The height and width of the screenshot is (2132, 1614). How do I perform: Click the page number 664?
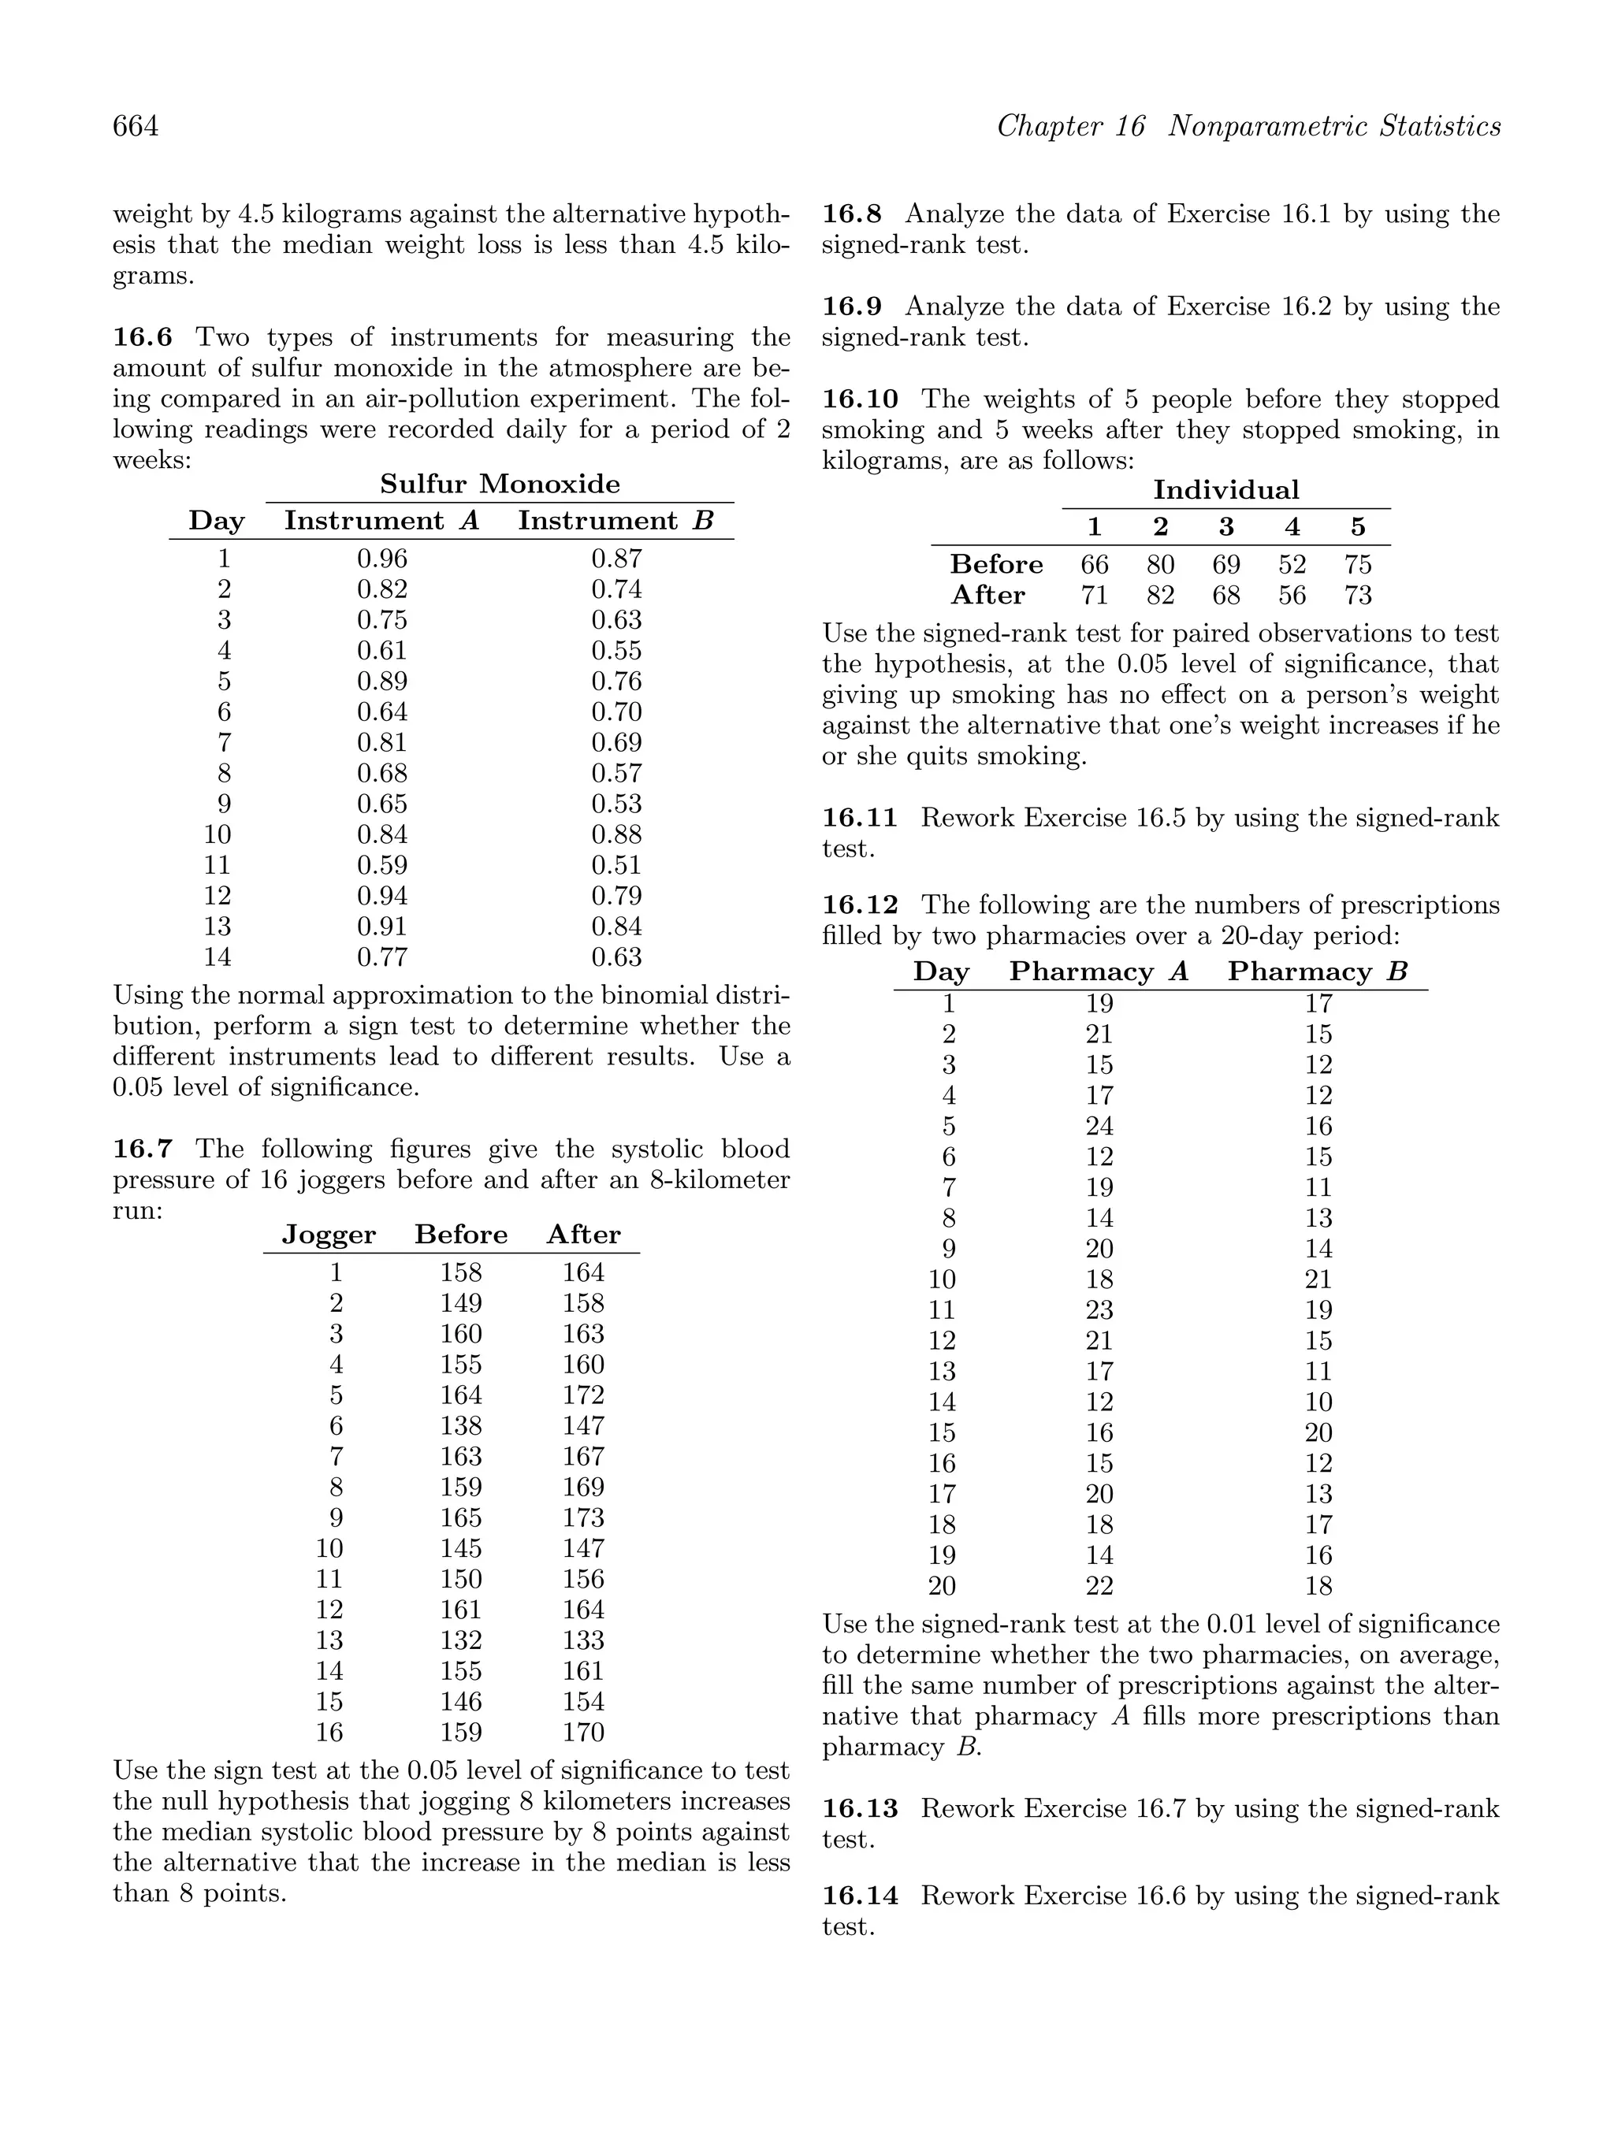point(136,126)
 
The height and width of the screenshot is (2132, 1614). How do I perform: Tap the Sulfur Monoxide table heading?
point(500,484)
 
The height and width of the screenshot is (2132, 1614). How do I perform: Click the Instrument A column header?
point(381,522)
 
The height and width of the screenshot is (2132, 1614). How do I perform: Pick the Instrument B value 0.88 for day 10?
point(616,834)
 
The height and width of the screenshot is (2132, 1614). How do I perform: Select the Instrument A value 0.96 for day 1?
point(381,559)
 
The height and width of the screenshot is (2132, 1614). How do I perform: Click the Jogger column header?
point(329,1235)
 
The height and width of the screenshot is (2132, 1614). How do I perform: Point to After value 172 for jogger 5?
point(583,1395)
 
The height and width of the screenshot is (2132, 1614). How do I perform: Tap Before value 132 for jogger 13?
point(461,1640)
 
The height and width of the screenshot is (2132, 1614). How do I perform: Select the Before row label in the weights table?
point(996,565)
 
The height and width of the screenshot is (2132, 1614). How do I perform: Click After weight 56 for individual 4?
point(1292,596)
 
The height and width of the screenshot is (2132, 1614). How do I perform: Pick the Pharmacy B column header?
point(1317,971)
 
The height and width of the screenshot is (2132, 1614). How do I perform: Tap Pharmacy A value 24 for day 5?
point(1099,1127)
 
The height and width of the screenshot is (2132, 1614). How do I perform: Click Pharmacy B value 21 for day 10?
point(1318,1280)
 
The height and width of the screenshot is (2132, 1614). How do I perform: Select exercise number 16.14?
point(860,1896)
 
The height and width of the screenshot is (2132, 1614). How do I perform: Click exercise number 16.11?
point(860,819)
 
